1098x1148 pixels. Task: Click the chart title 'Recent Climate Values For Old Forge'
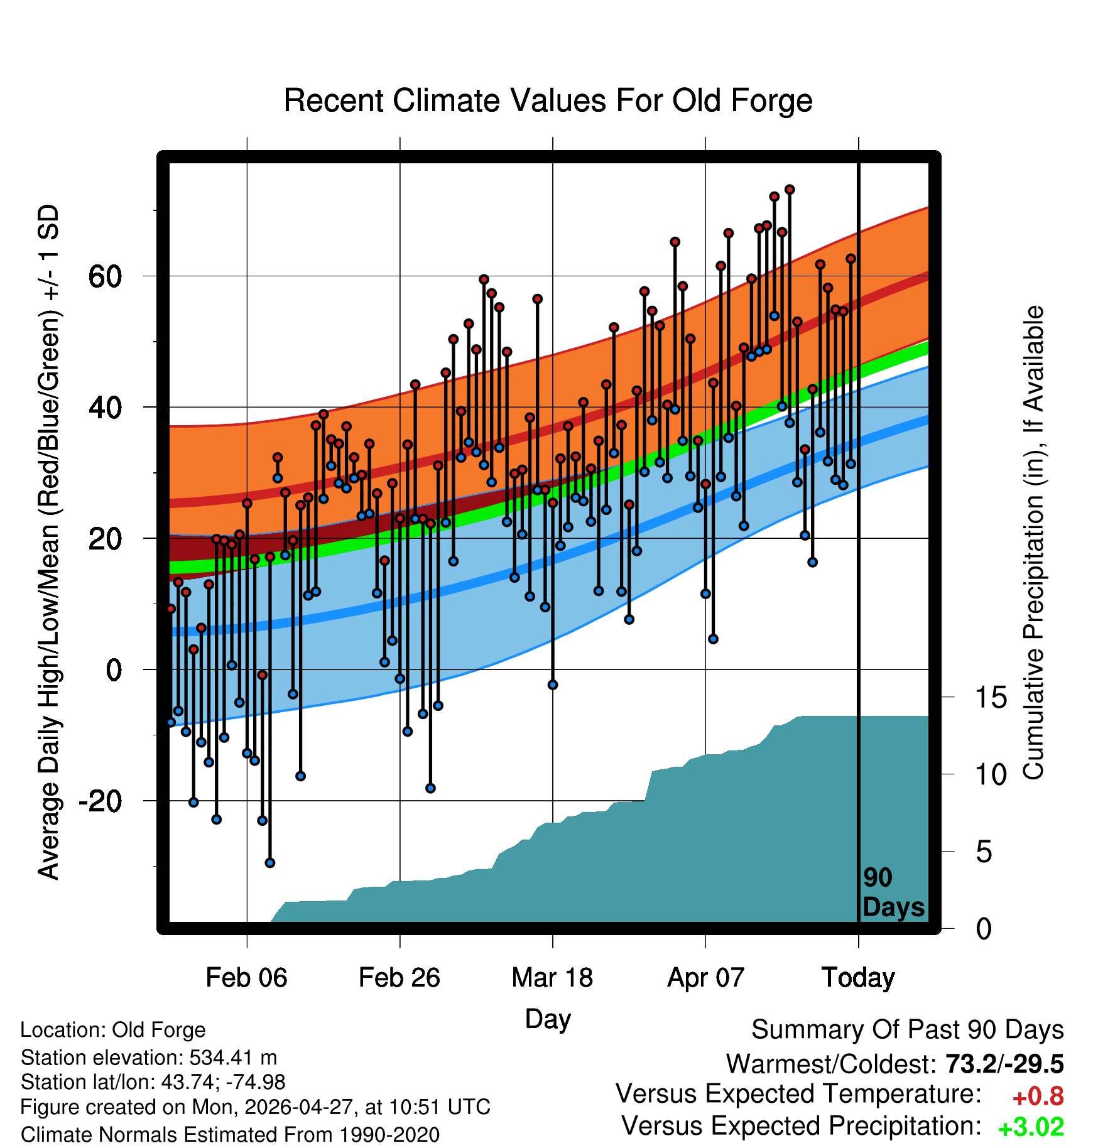[548, 100]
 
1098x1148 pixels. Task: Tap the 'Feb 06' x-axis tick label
[246, 977]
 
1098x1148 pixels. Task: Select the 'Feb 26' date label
[400, 977]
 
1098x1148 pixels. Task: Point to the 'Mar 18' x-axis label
[552, 977]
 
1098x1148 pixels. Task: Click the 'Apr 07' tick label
[705, 977]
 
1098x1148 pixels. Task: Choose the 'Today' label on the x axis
[858, 978]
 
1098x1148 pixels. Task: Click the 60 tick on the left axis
[106, 276]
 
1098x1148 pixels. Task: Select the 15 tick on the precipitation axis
[991, 697]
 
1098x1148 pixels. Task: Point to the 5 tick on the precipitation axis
[984, 852]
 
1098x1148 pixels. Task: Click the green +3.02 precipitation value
[1031, 1127]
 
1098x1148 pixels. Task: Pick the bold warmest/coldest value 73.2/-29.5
[1004, 1064]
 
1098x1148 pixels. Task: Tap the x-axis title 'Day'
[548, 1019]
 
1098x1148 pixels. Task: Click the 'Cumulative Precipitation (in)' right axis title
[1033, 543]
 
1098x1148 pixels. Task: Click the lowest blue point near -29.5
[270, 862]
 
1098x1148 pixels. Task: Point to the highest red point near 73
[790, 190]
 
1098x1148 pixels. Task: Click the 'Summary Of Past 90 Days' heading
[908, 1030]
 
